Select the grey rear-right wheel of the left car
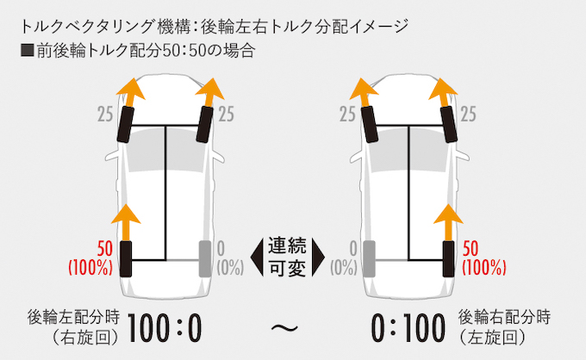click(205, 258)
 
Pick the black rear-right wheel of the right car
click(448, 258)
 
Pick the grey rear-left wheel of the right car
click(371, 258)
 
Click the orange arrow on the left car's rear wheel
click(127, 221)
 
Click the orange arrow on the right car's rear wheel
click(449, 221)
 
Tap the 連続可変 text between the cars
click(287, 256)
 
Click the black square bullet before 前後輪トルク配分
click(26, 50)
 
